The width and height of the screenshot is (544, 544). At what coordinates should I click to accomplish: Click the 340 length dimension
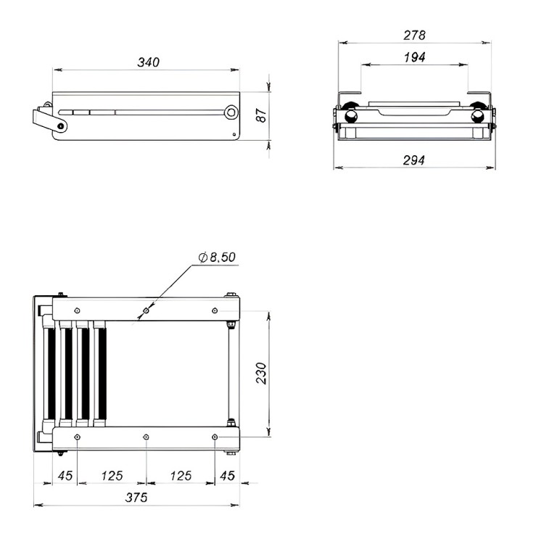tap(149, 62)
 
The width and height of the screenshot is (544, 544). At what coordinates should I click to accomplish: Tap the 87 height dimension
tap(262, 115)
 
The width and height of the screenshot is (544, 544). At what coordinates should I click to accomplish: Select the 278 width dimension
tap(415, 36)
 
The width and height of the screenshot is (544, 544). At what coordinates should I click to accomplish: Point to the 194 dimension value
tap(415, 57)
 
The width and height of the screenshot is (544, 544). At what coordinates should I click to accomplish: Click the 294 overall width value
tap(414, 160)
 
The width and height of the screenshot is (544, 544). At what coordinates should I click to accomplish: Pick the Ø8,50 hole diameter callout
tap(217, 257)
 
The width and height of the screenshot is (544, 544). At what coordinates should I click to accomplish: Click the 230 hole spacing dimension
tap(262, 374)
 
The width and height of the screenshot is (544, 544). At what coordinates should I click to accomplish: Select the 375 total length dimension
tap(136, 498)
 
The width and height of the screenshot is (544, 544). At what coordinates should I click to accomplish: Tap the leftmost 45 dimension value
tap(65, 476)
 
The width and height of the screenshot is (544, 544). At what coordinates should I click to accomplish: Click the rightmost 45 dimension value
tap(227, 476)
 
